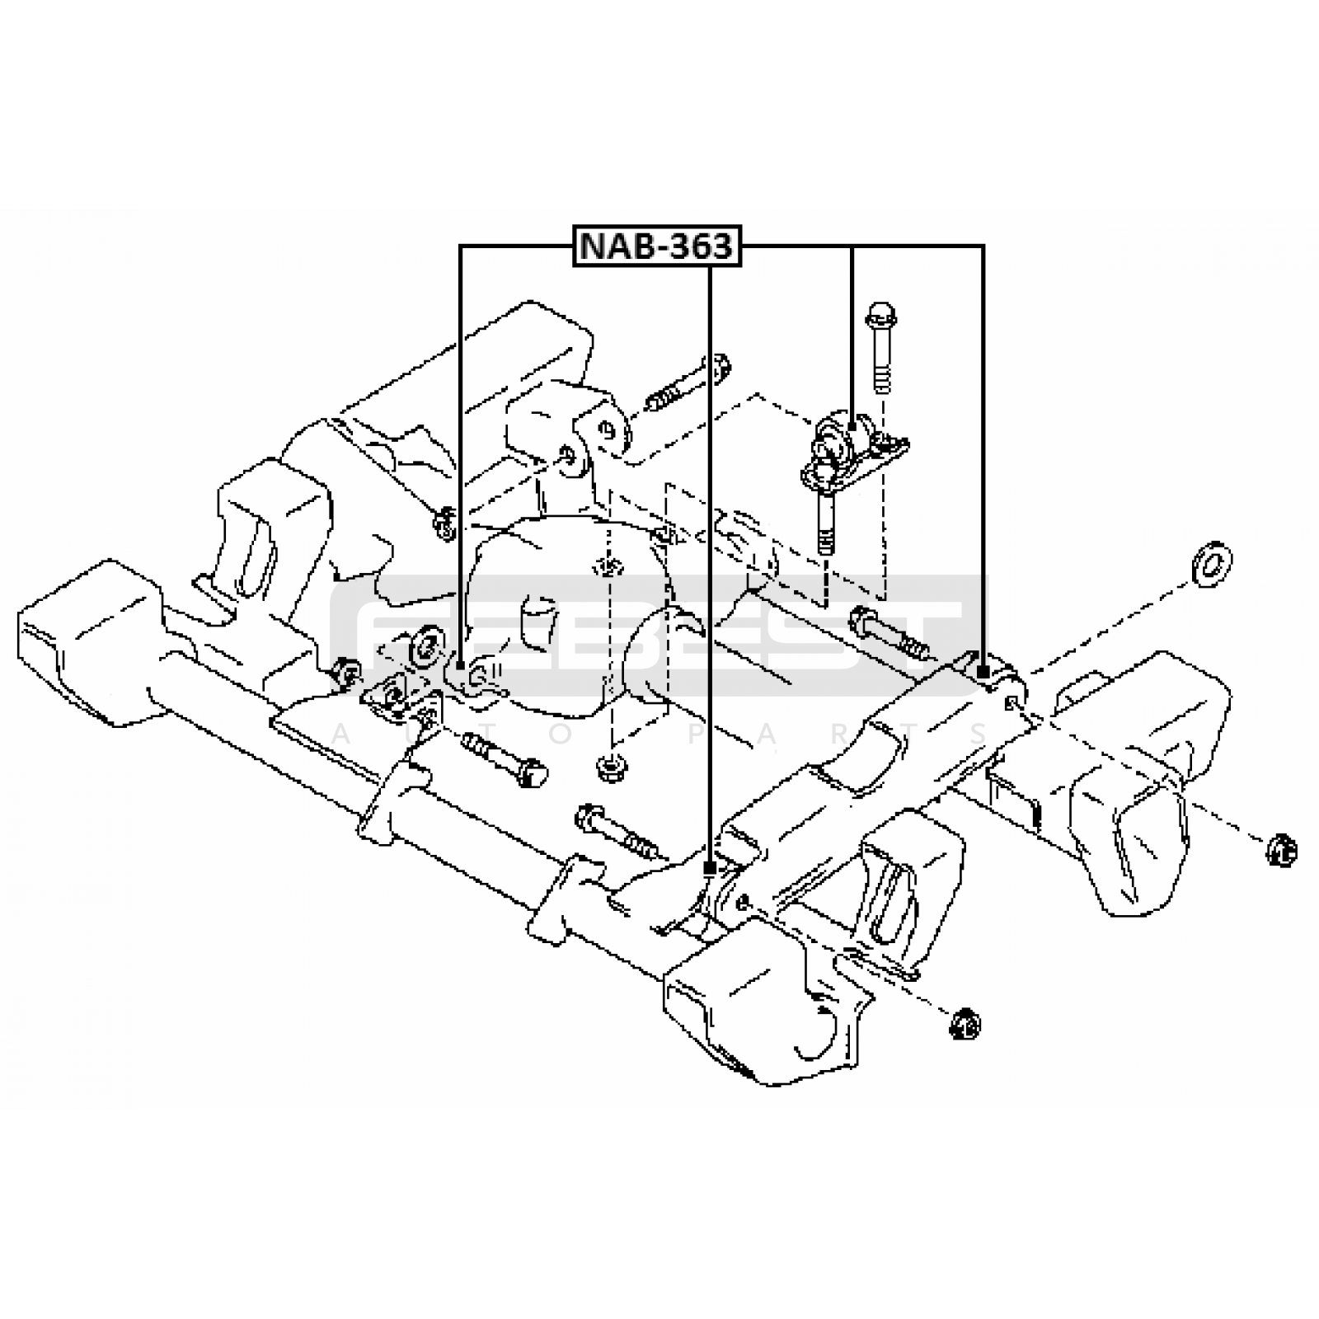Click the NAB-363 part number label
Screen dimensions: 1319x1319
[x=658, y=246]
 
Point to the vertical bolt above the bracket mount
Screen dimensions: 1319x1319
[x=881, y=347]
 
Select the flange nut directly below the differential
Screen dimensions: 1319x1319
[x=609, y=765]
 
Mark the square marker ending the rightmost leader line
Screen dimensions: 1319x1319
[x=983, y=674]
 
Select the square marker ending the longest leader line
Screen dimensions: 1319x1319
[x=708, y=867]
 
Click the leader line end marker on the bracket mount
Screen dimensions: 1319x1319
[x=852, y=426]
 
